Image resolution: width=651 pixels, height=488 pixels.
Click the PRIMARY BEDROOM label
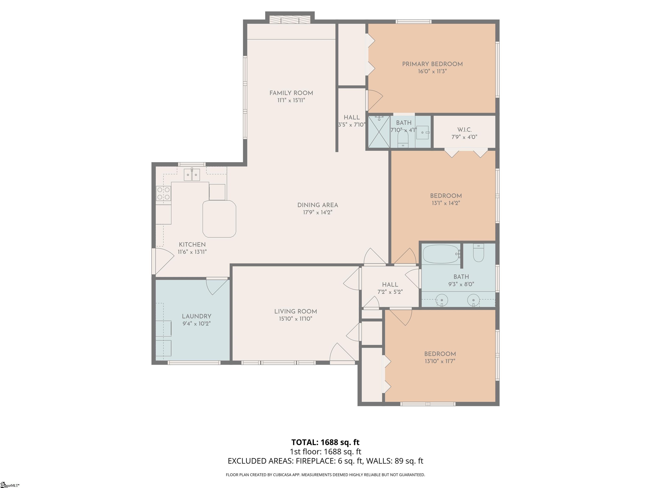tap(432, 64)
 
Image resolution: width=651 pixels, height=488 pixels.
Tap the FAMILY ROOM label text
tap(291, 93)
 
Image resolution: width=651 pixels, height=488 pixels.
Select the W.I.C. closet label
tap(465, 130)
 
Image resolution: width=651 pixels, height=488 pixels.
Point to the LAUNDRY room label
tap(197, 316)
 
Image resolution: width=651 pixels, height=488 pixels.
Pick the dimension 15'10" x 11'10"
tap(295, 319)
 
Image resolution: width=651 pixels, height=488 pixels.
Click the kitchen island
tap(219, 219)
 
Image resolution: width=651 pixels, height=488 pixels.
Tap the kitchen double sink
tap(192, 175)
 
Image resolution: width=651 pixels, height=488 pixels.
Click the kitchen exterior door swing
tap(164, 261)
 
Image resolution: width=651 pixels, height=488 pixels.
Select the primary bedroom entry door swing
tap(374, 100)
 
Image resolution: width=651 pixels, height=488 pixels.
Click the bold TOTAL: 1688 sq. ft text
tap(325, 442)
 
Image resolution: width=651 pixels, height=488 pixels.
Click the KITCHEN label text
tap(192, 244)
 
